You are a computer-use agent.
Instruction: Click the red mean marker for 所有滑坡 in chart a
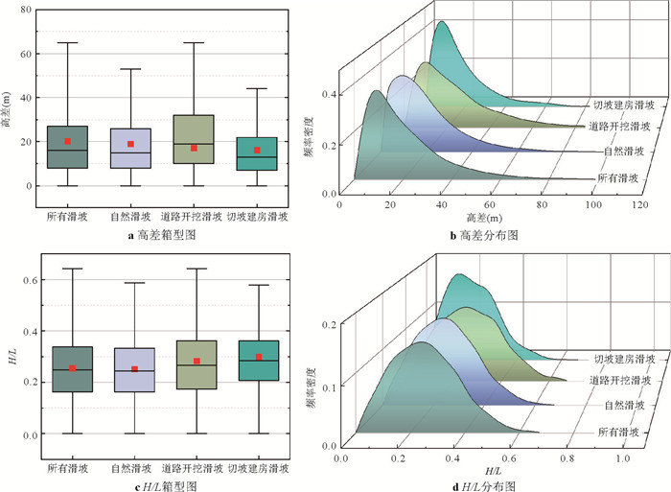pos(67,141)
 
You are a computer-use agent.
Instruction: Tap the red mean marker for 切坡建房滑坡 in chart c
pos(257,357)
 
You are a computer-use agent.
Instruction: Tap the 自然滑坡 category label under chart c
pos(130,469)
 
